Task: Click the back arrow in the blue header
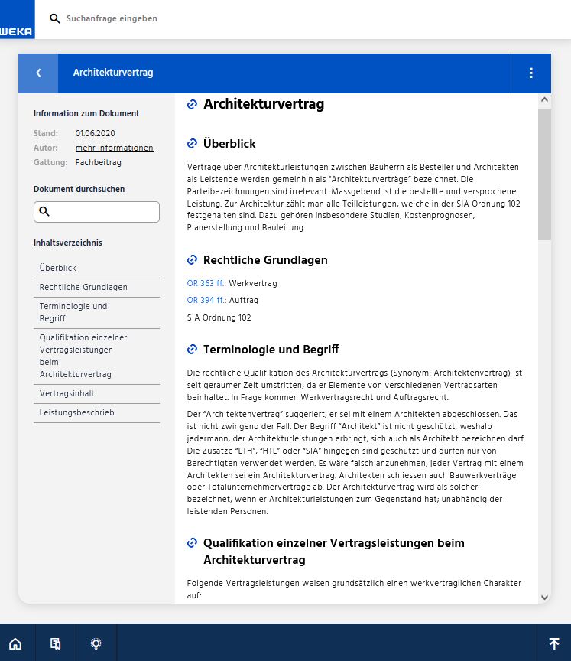pyautogui.click(x=38, y=73)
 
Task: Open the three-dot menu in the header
pyautogui.click(x=530, y=73)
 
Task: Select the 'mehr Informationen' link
pyautogui.click(x=114, y=148)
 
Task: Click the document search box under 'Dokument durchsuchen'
pyautogui.click(x=96, y=212)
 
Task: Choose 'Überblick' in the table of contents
pyautogui.click(x=58, y=268)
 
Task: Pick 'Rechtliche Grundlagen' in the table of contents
pyautogui.click(x=83, y=287)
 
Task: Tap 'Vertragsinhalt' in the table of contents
pyautogui.click(x=67, y=393)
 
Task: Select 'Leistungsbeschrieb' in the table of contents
pyautogui.click(x=76, y=412)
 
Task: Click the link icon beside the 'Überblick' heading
pyautogui.click(x=193, y=143)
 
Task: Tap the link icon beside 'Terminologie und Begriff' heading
pyautogui.click(x=193, y=350)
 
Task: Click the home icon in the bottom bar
pyautogui.click(x=15, y=643)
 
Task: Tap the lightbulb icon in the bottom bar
pyautogui.click(x=96, y=643)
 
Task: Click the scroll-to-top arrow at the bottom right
pyautogui.click(x=554, y=643)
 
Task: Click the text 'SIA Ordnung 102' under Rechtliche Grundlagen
pyautogui.click(x=219, y=317)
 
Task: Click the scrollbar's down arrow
pyautogui.click(x=544, y=597)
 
